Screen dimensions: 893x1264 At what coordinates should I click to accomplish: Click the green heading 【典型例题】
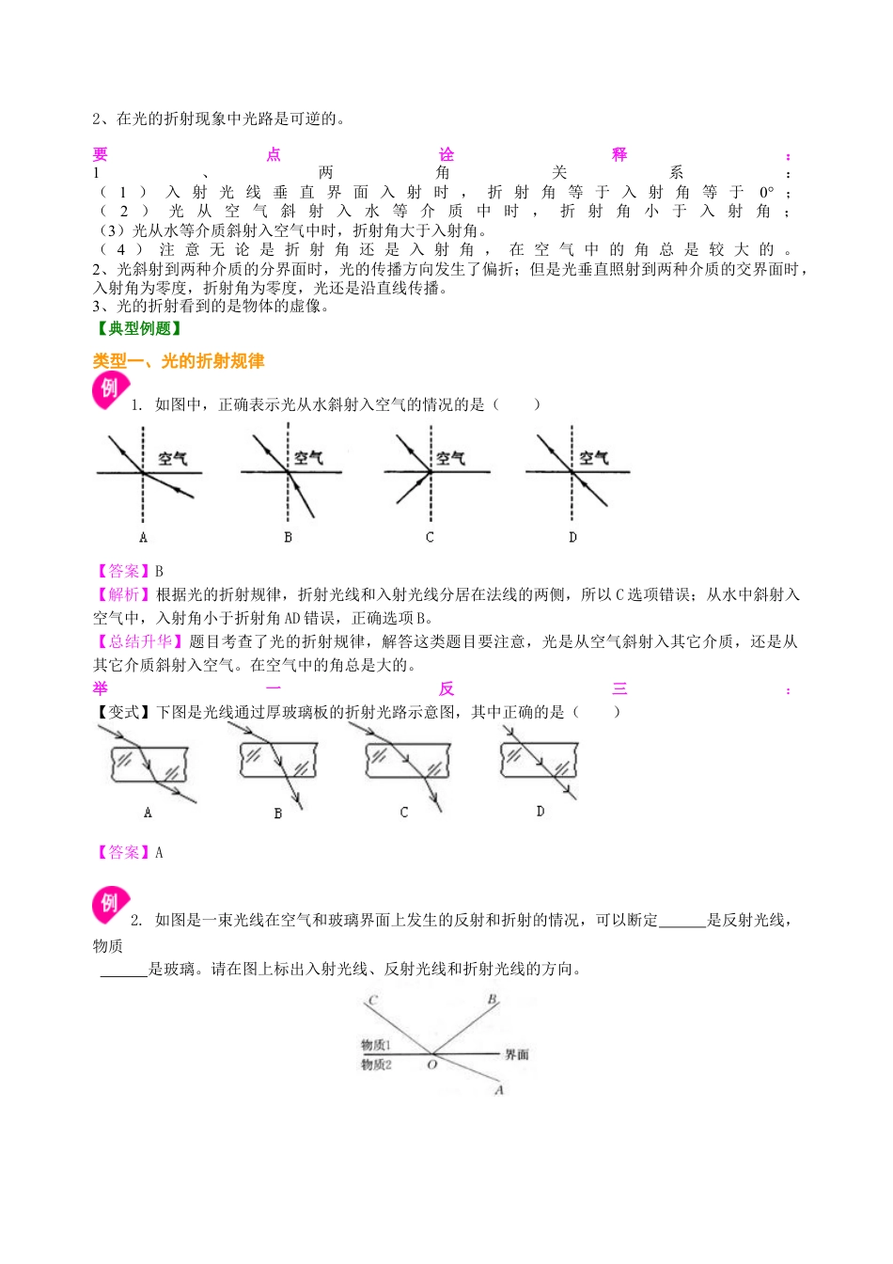(x=138, y=328)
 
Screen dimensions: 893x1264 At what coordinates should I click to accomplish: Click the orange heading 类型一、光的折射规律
(x=178, y=361)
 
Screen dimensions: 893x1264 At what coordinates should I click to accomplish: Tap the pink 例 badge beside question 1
(x=110, y=388)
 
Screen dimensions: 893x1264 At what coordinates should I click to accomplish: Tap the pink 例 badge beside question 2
(x=110, y=904)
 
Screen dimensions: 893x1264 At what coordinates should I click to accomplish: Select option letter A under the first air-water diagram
(x=143, y=538)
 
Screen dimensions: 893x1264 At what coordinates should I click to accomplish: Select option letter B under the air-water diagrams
(x=288, y=538)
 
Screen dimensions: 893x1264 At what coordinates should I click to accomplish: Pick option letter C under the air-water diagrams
(x=430, y=538)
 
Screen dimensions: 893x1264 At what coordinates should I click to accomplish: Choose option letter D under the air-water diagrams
(x=572, y=538)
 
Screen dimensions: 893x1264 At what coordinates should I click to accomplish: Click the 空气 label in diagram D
(x=594, y=458)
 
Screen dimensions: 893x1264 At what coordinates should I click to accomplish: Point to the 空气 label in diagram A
(x=173, y=458)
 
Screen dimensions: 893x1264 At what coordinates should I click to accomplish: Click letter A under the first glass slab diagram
(x=148, y=813)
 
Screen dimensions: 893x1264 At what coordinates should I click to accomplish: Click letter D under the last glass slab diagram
(x=540, y=811)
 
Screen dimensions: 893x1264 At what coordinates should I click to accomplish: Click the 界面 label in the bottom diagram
(x=517, y=1055)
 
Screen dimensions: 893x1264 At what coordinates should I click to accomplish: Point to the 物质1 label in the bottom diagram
(x=376, y=1045)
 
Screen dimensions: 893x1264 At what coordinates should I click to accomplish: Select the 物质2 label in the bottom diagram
(x=376, y=1065)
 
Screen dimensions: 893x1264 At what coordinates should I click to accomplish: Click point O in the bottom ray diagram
(x=431, y=1065)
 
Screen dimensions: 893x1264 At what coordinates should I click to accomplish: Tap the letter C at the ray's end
(x=373, y=1001)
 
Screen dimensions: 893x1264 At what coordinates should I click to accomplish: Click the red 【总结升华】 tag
(x=139, y=641)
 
